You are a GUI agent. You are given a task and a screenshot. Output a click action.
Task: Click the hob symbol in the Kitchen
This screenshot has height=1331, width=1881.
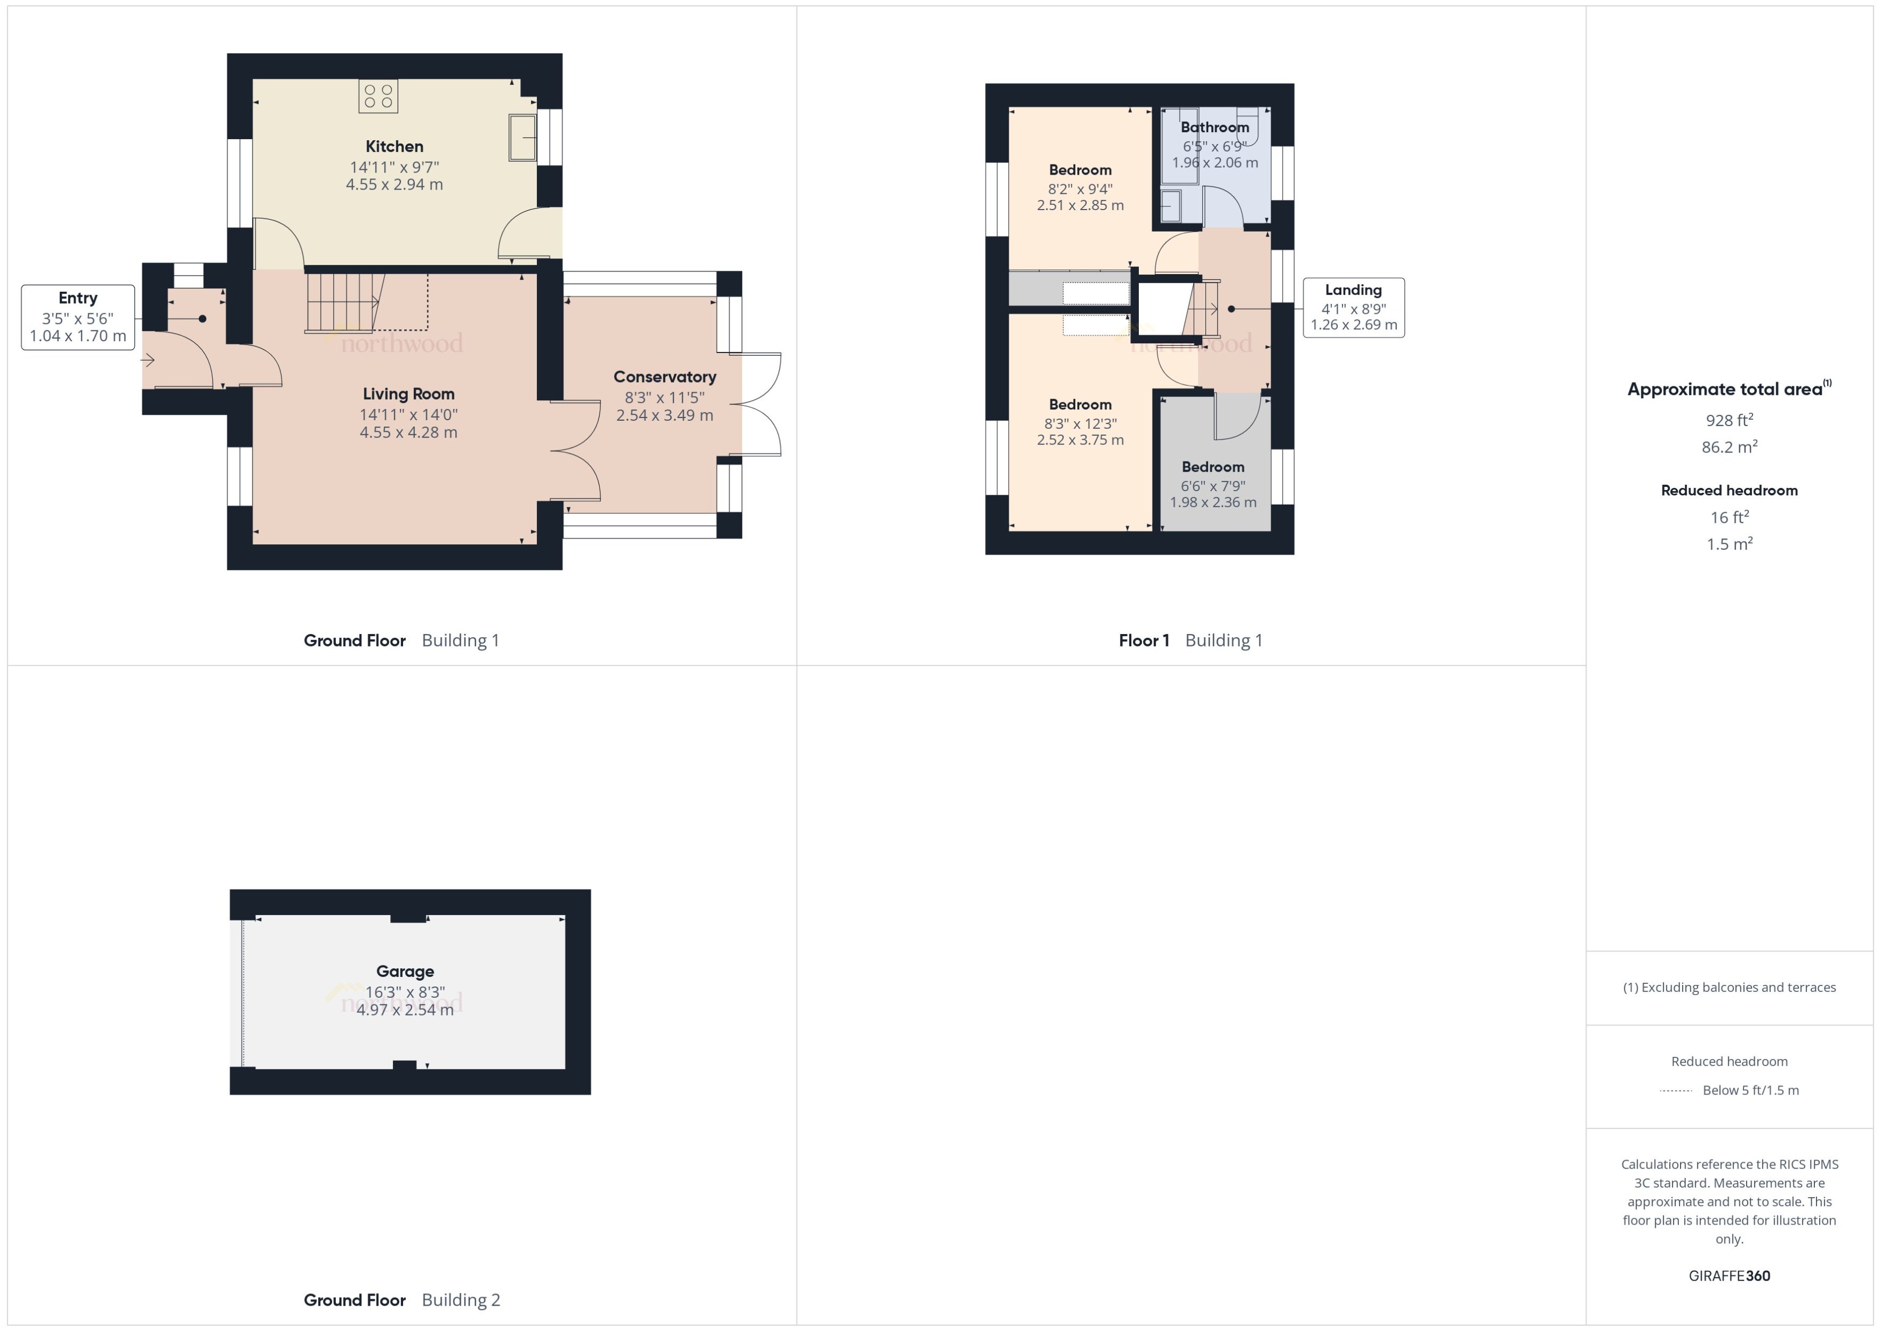pyautogui.click(x=378, y=96)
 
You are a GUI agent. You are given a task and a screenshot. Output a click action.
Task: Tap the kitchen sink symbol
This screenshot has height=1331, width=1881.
pyautogui.click(x=522, y=138)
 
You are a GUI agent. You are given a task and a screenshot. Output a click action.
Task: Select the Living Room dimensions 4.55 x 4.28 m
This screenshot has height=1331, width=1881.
pyautogui.click(x=408, y=433)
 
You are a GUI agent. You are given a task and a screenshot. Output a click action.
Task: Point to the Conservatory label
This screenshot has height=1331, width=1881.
pyautogui.click(x=665, y=377)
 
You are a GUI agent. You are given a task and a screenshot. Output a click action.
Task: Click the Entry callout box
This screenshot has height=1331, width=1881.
pyautogui.click(x=78, y=317)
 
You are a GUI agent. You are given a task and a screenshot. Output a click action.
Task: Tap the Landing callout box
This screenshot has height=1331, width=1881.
pyautogui.click(x=1353, y=307)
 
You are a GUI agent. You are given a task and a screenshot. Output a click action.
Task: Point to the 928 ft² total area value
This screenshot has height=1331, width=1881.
pyautogui.click(x=1728, y=420)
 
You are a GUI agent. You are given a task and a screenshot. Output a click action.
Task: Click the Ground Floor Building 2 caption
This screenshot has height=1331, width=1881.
pyautogui.click(x=401, y=1300)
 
